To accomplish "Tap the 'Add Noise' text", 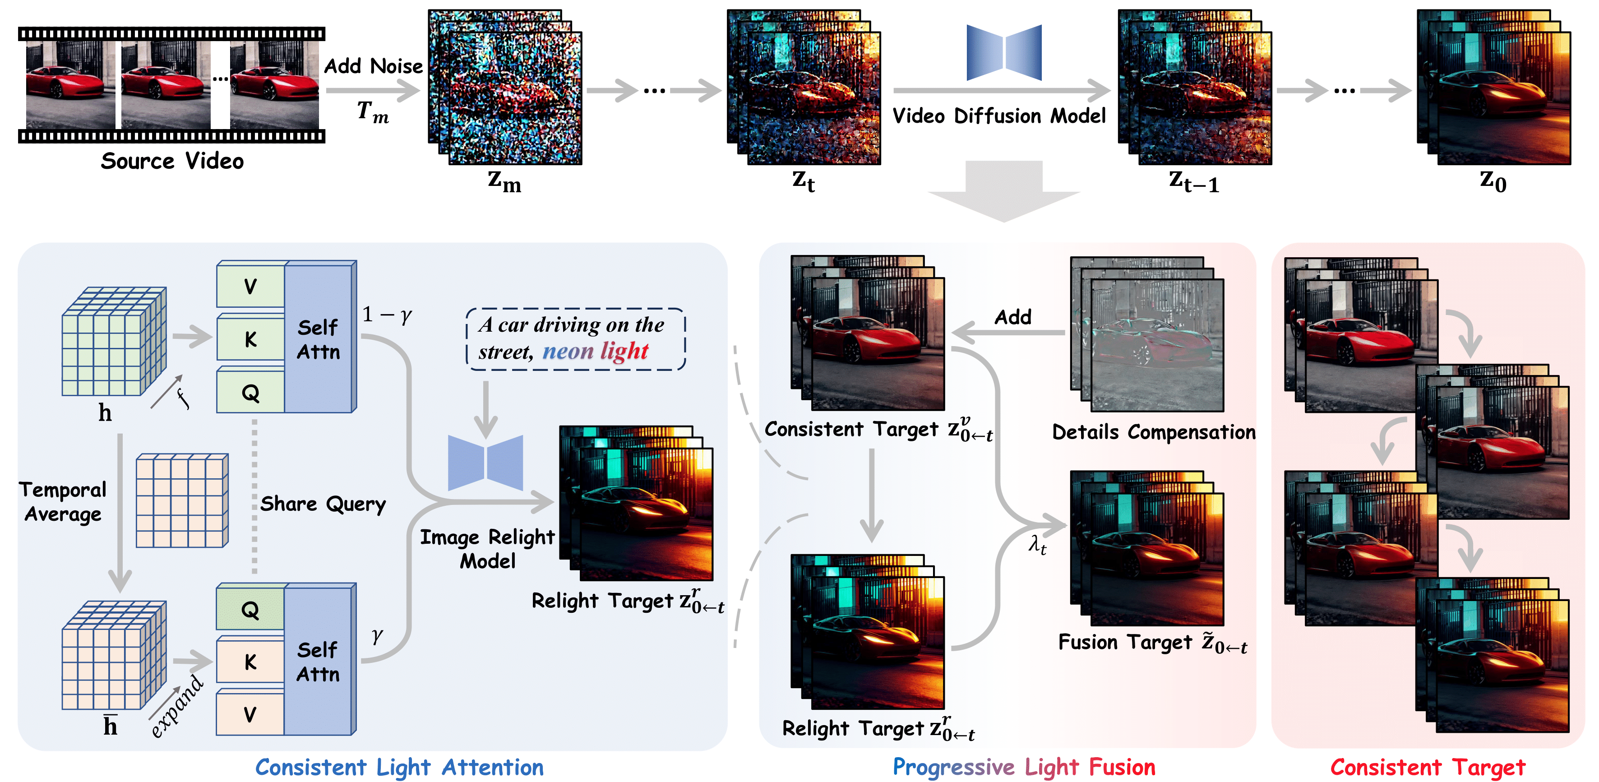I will tap(373, 66).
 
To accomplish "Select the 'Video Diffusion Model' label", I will tap(999, 116).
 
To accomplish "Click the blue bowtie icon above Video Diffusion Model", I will tap(1004, 53).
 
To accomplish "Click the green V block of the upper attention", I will tap(250, 287).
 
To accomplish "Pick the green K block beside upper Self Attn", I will tap(250, 339).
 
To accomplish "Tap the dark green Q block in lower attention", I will tap(250, 610).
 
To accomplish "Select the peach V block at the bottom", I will tap(250, 714).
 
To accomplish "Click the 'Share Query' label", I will tap(323, 504).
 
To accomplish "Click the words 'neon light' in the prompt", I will tap(595, 351).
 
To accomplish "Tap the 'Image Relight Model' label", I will tap(487, 549).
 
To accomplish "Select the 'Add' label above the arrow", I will tap(1012, 317).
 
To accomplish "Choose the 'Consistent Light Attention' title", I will tap(399, 768).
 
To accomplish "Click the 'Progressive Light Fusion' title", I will tap(1024, 768).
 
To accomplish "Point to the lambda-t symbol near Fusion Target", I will tap(1037, 546).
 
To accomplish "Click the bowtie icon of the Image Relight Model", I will tap(485, 463).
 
